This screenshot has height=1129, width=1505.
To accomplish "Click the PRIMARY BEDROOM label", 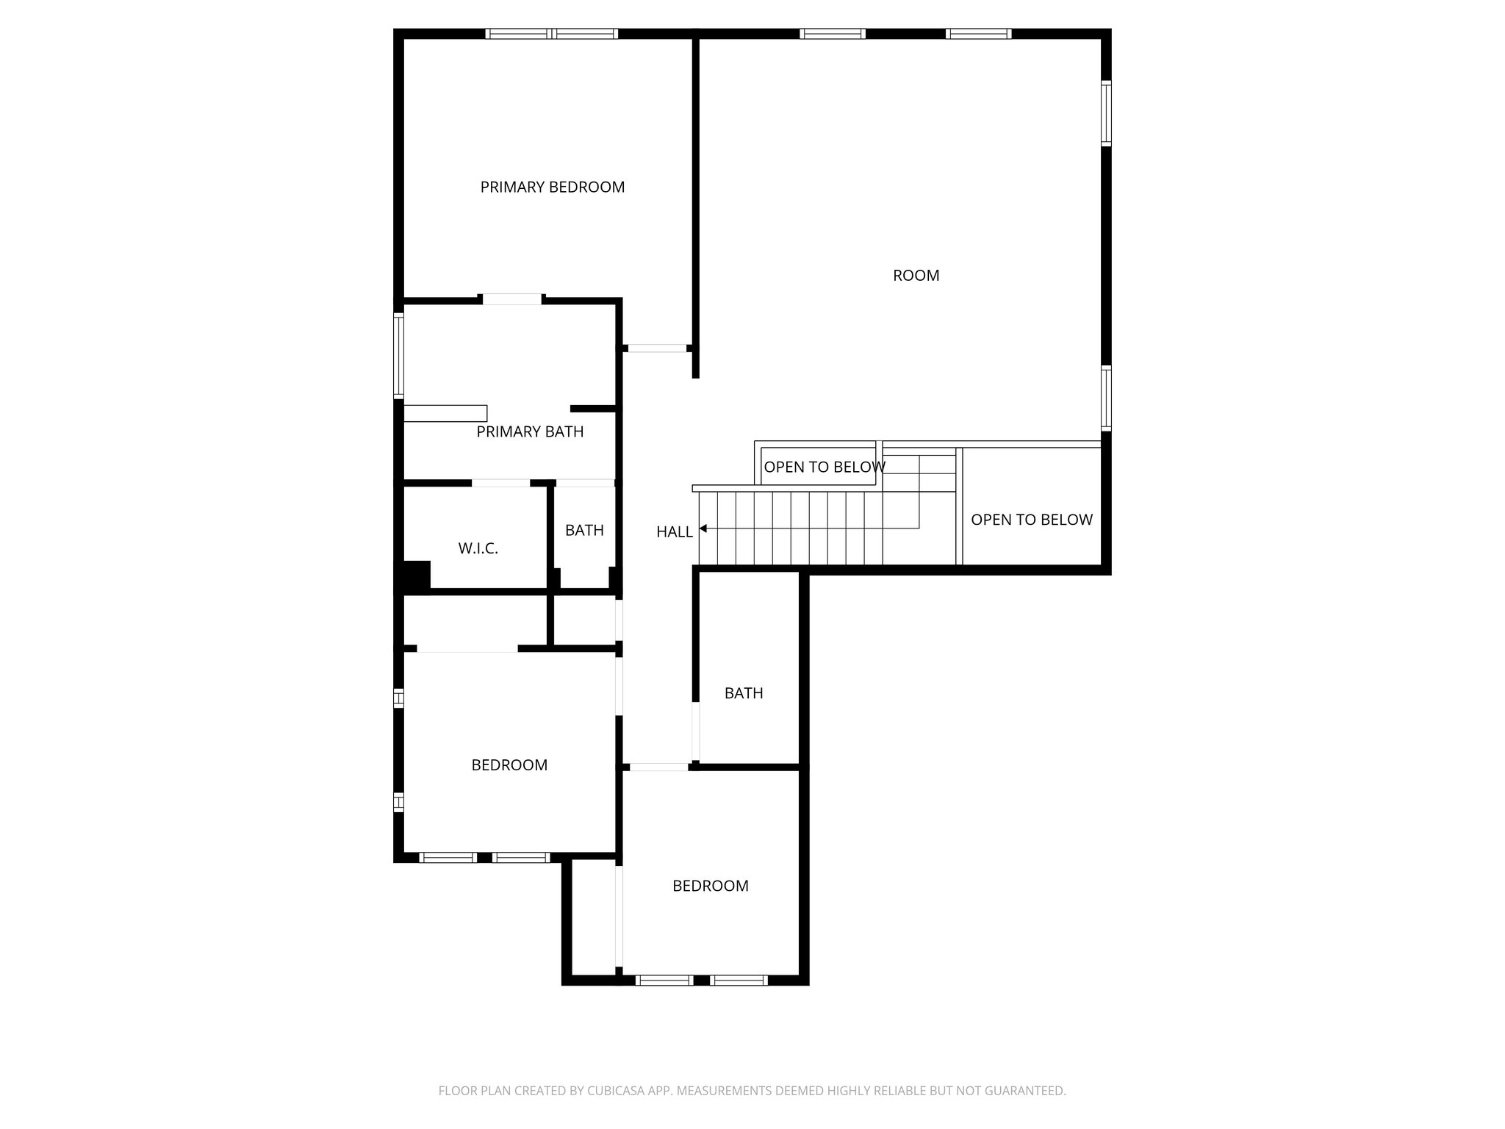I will pyautogui.click(x=552, y=187).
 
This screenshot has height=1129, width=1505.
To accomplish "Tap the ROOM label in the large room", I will pyautogui.click(x=916, y=276).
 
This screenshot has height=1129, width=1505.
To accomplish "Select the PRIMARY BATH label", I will pyautogui.click(x=530, y=432).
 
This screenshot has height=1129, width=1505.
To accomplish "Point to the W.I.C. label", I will pyautogui.click(x=478, y=548).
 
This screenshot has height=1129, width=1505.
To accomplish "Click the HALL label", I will pyautogui.click(x=674, y=532).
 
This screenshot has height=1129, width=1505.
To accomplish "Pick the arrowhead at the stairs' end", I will pyautogui.click(x=703, y=528).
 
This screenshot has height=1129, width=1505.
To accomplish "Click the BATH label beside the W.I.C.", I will pyautogui.click(x=584, y=531).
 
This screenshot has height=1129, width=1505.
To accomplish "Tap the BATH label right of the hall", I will pyautogui.click(x=744, y=693).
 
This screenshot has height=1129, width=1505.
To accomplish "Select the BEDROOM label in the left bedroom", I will pyautogui.click(x=509, y=765).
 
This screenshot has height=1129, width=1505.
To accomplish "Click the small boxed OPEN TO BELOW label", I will pyautogui.click(x=824, y=467).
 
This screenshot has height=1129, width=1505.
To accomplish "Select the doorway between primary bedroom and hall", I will pyautogui.click(x=657, y=348).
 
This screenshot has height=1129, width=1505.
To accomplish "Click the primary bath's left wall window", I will pyautogui.click(x=399, y=356).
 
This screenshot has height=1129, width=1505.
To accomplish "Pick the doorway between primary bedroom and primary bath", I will pyautogui.click(x=512, y=299).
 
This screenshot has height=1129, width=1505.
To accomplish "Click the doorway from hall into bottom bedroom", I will pyautogui.click(x=659, y=767).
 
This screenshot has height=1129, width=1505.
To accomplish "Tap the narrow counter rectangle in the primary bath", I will pyautogui.click(x=445, y=413).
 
